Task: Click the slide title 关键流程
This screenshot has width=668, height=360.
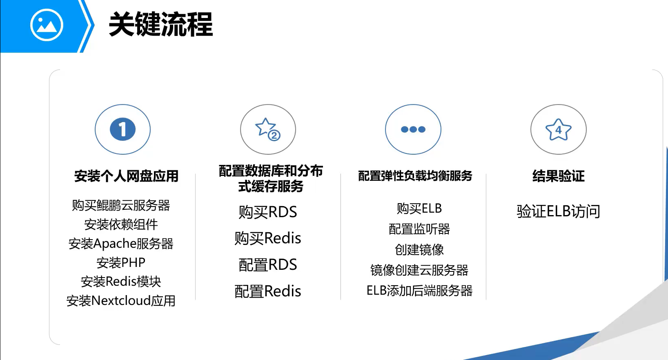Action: [x=161, y=25]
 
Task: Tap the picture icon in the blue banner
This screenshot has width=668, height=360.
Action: [x=47, y=25]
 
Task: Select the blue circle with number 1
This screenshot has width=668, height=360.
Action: [x=122, y=129]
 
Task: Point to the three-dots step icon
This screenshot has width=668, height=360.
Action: [x=413, y=129]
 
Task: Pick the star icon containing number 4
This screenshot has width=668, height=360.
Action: [x=558, y=129]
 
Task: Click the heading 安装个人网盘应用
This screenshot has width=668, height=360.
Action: [x=126, y=176]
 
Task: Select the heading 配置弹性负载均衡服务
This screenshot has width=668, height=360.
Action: [x=415, y=176]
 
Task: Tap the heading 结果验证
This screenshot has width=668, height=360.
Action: [x=558, y=176]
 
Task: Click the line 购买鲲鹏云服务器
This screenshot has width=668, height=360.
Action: [x=121, y=205]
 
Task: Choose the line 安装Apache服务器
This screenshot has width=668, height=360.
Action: [x=121, y=244]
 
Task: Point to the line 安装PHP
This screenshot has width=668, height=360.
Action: [x=121, y=262]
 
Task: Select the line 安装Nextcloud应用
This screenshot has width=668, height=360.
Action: [x=121, y=301]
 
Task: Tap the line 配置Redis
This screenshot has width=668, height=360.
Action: [x=268, y=291]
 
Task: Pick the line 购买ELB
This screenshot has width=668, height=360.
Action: [x=419, y=208]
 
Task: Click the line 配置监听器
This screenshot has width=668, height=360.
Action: [x=419, y=229]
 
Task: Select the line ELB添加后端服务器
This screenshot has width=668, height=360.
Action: [x=419, y=291]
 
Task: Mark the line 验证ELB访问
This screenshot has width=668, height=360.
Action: [x=558, y=211]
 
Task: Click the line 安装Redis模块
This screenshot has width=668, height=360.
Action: [x=121, y=282]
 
